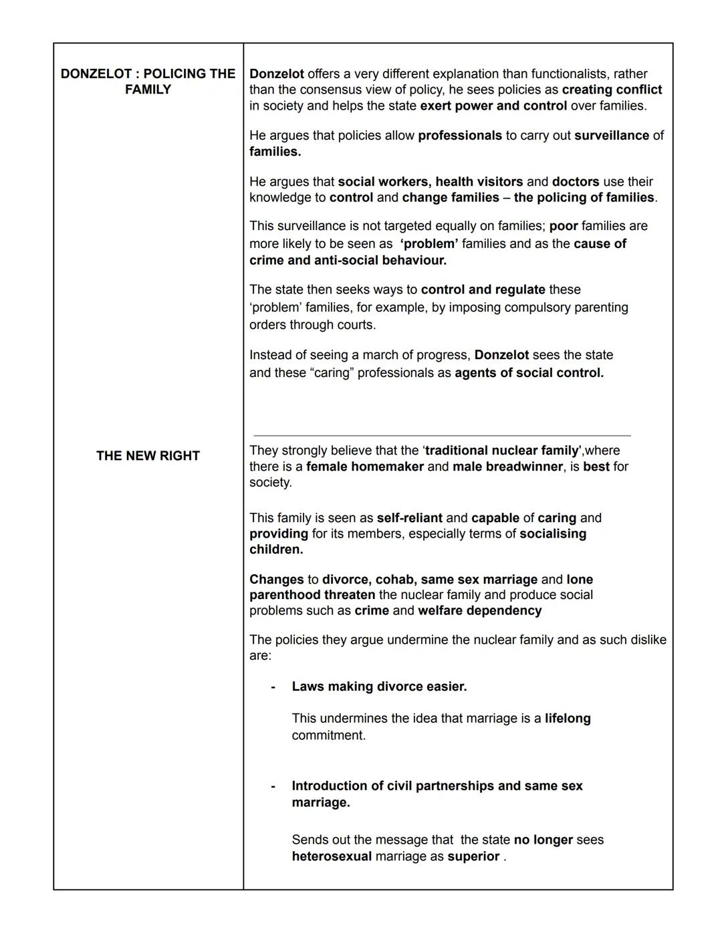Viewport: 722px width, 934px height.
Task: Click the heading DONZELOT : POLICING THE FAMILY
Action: [x=148, y=82]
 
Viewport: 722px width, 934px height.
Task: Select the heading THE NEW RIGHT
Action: [x=148, y=456]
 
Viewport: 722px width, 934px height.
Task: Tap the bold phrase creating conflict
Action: [x=612, y=90]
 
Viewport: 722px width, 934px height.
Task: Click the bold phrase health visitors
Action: [x=479, y=182]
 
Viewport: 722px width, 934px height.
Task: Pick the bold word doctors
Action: [x=575, y=182]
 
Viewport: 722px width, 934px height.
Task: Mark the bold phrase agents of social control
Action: [x=529, y=373]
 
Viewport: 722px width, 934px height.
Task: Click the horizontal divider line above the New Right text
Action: [x=441, y=435]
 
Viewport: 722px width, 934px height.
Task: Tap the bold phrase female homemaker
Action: [x=364, y=467]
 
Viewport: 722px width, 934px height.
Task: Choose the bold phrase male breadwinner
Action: [x=507, y=467]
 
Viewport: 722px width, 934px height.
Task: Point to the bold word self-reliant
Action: [x=409, y=518]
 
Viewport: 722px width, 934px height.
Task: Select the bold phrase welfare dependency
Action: [x=479, y=611]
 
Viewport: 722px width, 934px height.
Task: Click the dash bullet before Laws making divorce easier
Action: [x=273, y=687]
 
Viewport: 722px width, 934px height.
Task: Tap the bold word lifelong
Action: [x=568, y=719]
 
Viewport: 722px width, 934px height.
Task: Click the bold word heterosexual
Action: [x=332, y=857]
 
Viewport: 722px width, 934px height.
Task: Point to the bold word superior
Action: [x=473, y=857]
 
